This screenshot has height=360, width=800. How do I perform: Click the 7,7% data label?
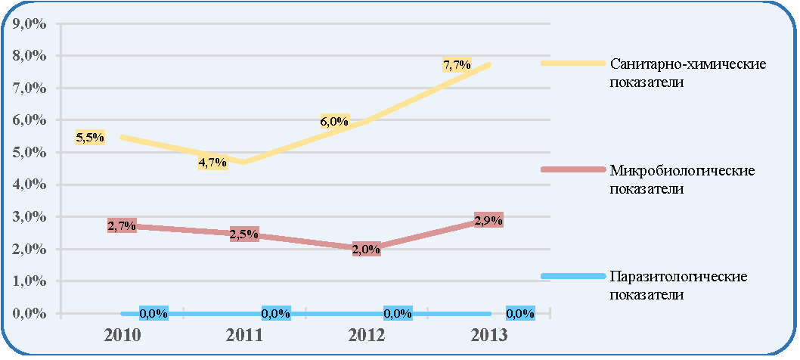[x=457, y=65]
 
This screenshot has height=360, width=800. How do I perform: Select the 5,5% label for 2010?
[x=90, y=137]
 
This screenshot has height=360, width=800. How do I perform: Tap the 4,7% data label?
[x=212, y=163]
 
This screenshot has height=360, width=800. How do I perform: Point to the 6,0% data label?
[x=335, y=122]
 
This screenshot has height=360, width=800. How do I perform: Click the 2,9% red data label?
[x=488, y=221]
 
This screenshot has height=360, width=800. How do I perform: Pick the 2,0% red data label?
[x=366, y=249]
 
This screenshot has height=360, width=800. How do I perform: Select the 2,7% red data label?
[x=122, y=225]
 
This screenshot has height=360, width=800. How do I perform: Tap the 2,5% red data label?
[x=244, y=234]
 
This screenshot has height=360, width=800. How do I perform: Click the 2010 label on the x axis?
[x=122, y=336]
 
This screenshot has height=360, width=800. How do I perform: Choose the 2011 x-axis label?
[x=244, y=336]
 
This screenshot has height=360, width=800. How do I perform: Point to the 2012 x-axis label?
[x=366, y=336]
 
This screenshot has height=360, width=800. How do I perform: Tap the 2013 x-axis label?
[x=488, y=336]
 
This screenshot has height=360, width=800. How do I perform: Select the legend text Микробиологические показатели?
[x=682, y=180]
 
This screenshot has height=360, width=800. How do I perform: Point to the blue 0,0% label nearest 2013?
[x=520, y=314]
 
